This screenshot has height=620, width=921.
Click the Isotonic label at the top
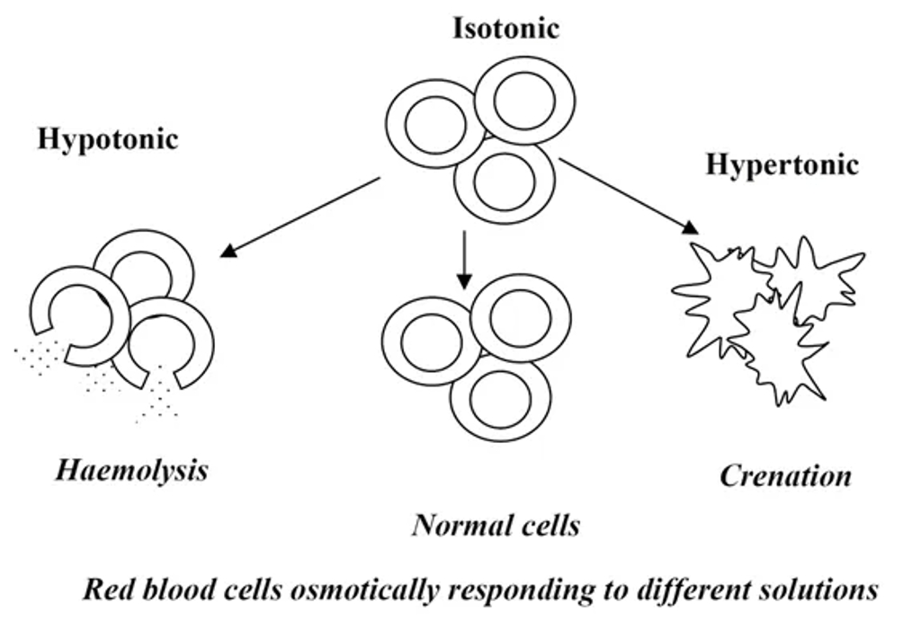click(505, 28)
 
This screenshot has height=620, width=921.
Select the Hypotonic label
click(107, 139)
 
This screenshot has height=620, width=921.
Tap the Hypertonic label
click(781, 164)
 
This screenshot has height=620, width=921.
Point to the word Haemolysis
click(131, 469)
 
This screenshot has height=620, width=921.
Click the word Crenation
click(784, 475)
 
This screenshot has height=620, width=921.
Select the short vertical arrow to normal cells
click(463, 260)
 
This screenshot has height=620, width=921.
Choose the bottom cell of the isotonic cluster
click(504, 182)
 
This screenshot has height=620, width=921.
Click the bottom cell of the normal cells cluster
click(499, 399)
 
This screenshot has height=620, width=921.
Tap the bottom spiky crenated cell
click(780, 346)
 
